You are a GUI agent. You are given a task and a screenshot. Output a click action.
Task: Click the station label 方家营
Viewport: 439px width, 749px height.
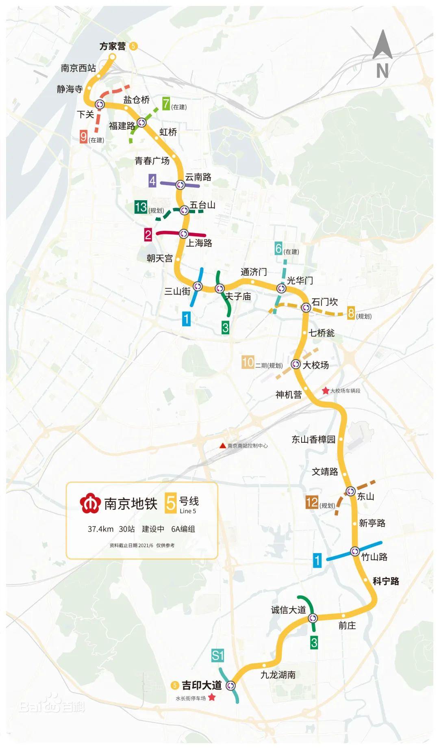point(113,46)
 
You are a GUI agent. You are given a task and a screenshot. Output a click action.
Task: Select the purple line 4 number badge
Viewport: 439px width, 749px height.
point(152,181)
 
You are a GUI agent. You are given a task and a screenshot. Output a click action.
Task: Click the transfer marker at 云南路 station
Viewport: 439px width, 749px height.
point(180,185)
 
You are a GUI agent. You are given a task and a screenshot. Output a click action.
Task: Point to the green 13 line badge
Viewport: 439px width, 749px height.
point(141,207)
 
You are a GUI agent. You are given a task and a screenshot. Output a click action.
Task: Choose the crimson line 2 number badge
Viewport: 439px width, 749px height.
point(148,234)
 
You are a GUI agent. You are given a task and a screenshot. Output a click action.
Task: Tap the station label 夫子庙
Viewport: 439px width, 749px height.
point(238,297)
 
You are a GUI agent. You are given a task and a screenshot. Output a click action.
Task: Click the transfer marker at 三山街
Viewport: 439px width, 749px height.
point(198,286)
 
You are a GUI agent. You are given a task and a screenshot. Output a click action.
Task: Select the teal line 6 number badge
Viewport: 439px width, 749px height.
point(278,248)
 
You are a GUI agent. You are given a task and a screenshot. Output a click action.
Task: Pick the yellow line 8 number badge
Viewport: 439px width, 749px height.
point(351,314)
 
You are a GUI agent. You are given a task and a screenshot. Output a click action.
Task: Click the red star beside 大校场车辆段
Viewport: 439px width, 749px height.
point(326,391)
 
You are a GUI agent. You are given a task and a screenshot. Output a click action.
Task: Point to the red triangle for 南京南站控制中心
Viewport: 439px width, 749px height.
point(222,446)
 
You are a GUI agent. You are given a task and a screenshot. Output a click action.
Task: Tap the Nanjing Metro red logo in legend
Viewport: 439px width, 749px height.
point(90,504)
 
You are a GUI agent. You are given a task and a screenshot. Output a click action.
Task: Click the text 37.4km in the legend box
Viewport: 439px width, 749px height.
point(100,529)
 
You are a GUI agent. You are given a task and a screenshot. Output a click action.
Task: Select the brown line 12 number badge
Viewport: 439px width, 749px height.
point(312,502)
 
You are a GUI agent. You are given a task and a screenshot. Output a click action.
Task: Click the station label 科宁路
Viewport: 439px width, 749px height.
point(386,581)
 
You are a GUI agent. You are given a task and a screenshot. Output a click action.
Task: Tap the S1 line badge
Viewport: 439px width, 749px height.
point(217,655)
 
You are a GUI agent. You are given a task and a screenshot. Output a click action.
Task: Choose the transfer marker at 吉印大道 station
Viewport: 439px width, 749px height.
point(231,686)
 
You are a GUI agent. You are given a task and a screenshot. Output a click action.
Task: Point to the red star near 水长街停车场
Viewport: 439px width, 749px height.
point(211,697)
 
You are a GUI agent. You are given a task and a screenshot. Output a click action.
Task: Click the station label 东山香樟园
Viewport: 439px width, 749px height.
point(313,439)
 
